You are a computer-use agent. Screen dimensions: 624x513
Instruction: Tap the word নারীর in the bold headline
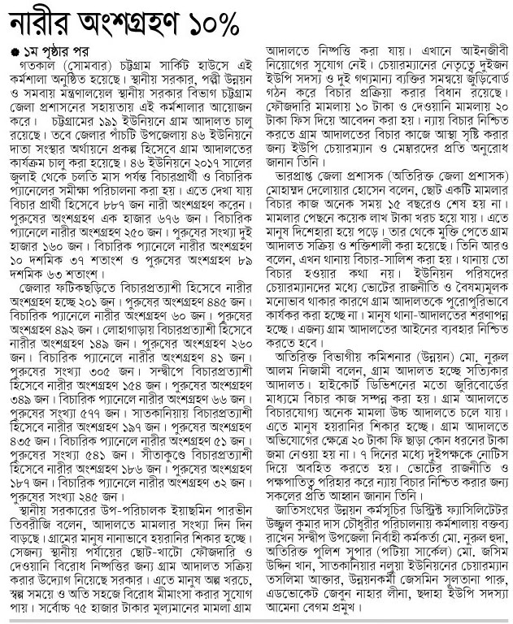40,24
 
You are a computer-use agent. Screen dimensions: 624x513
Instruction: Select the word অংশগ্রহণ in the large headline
132,24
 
